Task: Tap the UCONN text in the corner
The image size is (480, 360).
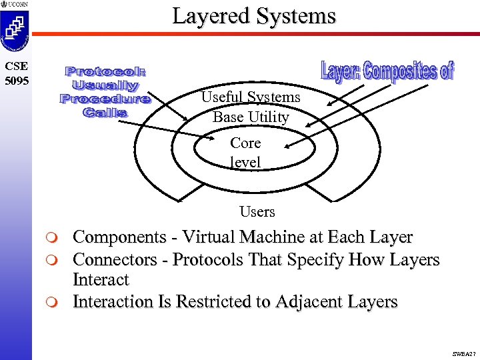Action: pos(18,4)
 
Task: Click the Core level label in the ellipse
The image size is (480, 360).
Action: pos(245,153)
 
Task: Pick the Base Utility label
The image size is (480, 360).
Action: pos(251,117)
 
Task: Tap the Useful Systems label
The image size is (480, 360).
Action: pos(251,97)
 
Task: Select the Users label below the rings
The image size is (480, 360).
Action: pos(257,212)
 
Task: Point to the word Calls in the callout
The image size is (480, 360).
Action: pos(105,113)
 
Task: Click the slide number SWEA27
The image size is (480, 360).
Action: pos(463,353)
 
